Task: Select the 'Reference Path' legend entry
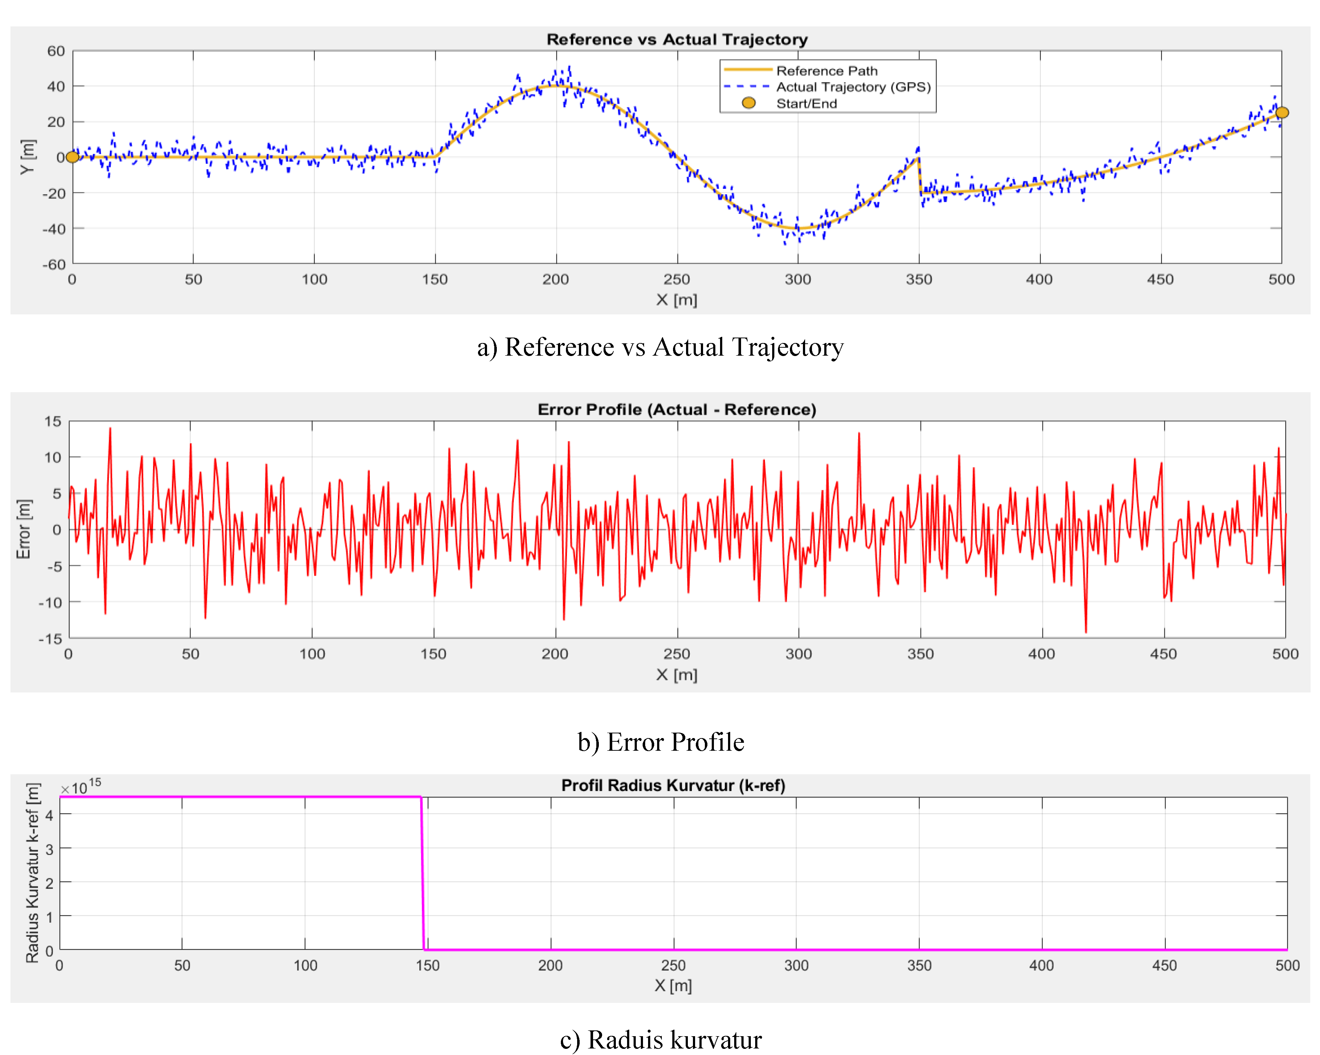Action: pyautogui.click(x=826, y=71)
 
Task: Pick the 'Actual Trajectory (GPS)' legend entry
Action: pyautogui.click(x=853, y=87)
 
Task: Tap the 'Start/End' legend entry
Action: pyautogui.click(x=806, y=103)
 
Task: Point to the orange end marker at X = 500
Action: pyautogui.click(x=1281, y=113)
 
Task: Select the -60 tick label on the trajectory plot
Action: pyautogui.click(x=54, y=264)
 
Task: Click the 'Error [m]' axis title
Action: pyautogui.click(x=23, y=529)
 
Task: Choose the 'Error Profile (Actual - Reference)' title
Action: pyautogui.click(x=677, y=410)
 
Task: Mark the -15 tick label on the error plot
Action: pyautogui.click(x=50, y=639)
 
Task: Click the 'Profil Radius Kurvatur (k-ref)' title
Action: pyautogui.click(x=673, y=785)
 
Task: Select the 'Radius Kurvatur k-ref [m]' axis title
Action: pyautogui.click(x=33, y=873)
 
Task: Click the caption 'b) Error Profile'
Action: pyautogui.click(x=661, y=742)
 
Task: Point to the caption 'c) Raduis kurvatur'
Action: pyautogui.click(x=661, y=1040)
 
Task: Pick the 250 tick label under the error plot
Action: pyautogui.click(x=677, y=654)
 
